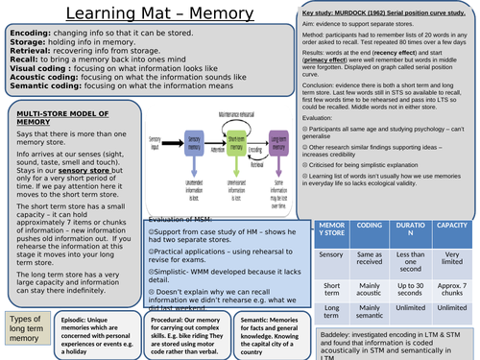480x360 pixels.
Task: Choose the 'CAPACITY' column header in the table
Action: coord(450,228)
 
